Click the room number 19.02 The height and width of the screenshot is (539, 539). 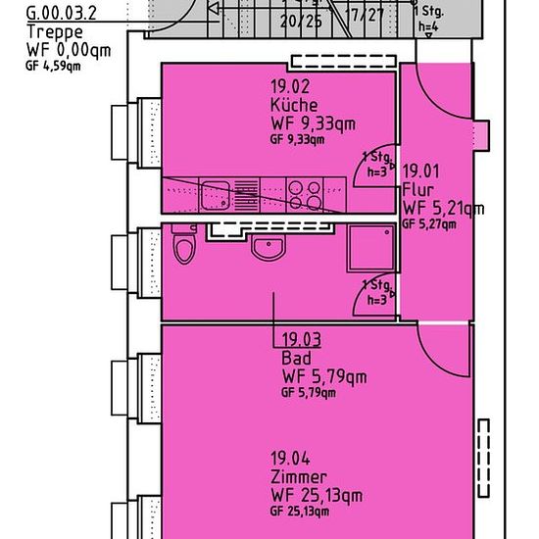(290, 86)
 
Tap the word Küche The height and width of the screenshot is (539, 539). (294, 105)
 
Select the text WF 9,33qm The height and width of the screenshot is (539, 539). (314, 123)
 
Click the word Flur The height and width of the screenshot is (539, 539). (417, 190)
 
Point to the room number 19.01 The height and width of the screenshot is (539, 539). (421, 171)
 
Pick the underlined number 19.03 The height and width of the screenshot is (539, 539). (302, 340)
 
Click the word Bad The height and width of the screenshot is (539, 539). (296, 358)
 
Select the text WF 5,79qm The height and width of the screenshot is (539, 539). (324, 376)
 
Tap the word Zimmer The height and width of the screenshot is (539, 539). (298, 477)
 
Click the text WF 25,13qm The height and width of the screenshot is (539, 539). (317, 496)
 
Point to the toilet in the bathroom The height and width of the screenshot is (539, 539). (184, 244)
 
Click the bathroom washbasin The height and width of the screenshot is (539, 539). (269, 247)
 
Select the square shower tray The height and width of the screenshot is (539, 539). (371, 248)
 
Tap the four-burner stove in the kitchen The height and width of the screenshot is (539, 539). (305, 195)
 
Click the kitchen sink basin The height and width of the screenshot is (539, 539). (216, 195)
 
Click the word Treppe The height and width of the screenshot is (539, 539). (55, 32)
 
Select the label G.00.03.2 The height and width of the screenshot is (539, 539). (61, 14)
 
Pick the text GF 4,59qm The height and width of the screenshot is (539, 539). (53, 66)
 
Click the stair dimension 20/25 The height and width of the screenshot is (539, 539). (301, 22)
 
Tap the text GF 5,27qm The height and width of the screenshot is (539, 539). (429, 224)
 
